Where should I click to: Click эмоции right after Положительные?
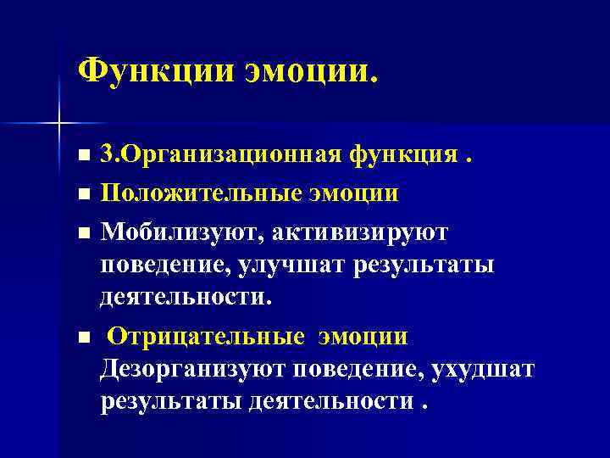pyautogui.click(x=357, y=193)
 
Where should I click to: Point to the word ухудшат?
pyautogui.click(x=483, y=370)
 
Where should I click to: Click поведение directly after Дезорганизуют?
pyautogui.click(x=358, y=370)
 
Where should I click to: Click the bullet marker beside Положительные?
pyautogui.click(x=82, y=194)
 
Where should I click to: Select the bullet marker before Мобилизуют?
pyautogui.click(x=82, y=232)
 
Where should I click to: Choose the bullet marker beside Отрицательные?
pyautogui.click(x=82, y=338)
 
